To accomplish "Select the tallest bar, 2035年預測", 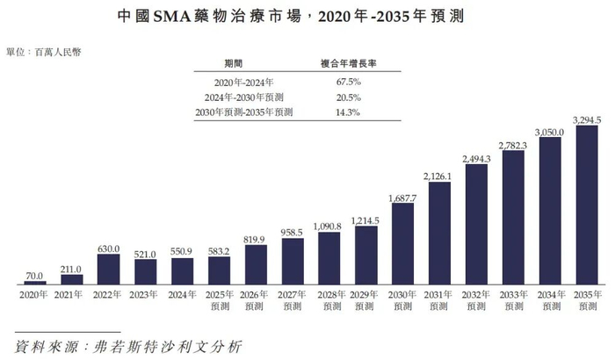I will pyautogui.click(x=585, y=205).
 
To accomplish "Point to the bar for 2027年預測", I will pyautogui.click(x=292, y=261).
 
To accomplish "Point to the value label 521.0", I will pyautogui.click(x=145, y=252).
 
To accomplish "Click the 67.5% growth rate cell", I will pyautogui.click(x=351, y=82).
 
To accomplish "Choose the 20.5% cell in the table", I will pyautogui.click(x=351, y=97).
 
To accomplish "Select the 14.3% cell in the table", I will pyautogui.click(x=351, y=112).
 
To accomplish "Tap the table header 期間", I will pyautogui.click(x=236, y=64).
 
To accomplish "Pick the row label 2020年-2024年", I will pyautogui.click(x=236, y=82).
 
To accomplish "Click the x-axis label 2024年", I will pyautogui.click(x=183, y=295).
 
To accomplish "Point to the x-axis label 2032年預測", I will pyautogui.click(x=476, y=301).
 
